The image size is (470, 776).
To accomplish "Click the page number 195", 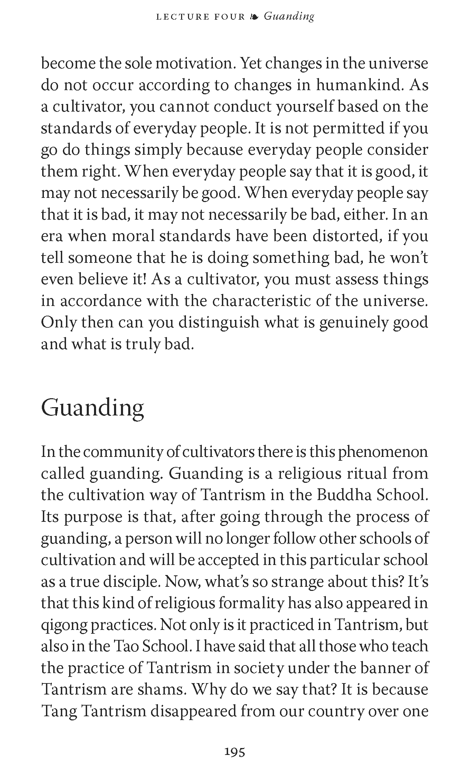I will click(235, 751).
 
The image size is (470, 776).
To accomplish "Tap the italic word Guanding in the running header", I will click(289, 16).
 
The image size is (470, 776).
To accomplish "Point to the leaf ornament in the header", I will click(254, 17).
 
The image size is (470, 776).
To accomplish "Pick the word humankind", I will click(359, 85).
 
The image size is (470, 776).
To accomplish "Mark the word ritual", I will click(368, 473).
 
